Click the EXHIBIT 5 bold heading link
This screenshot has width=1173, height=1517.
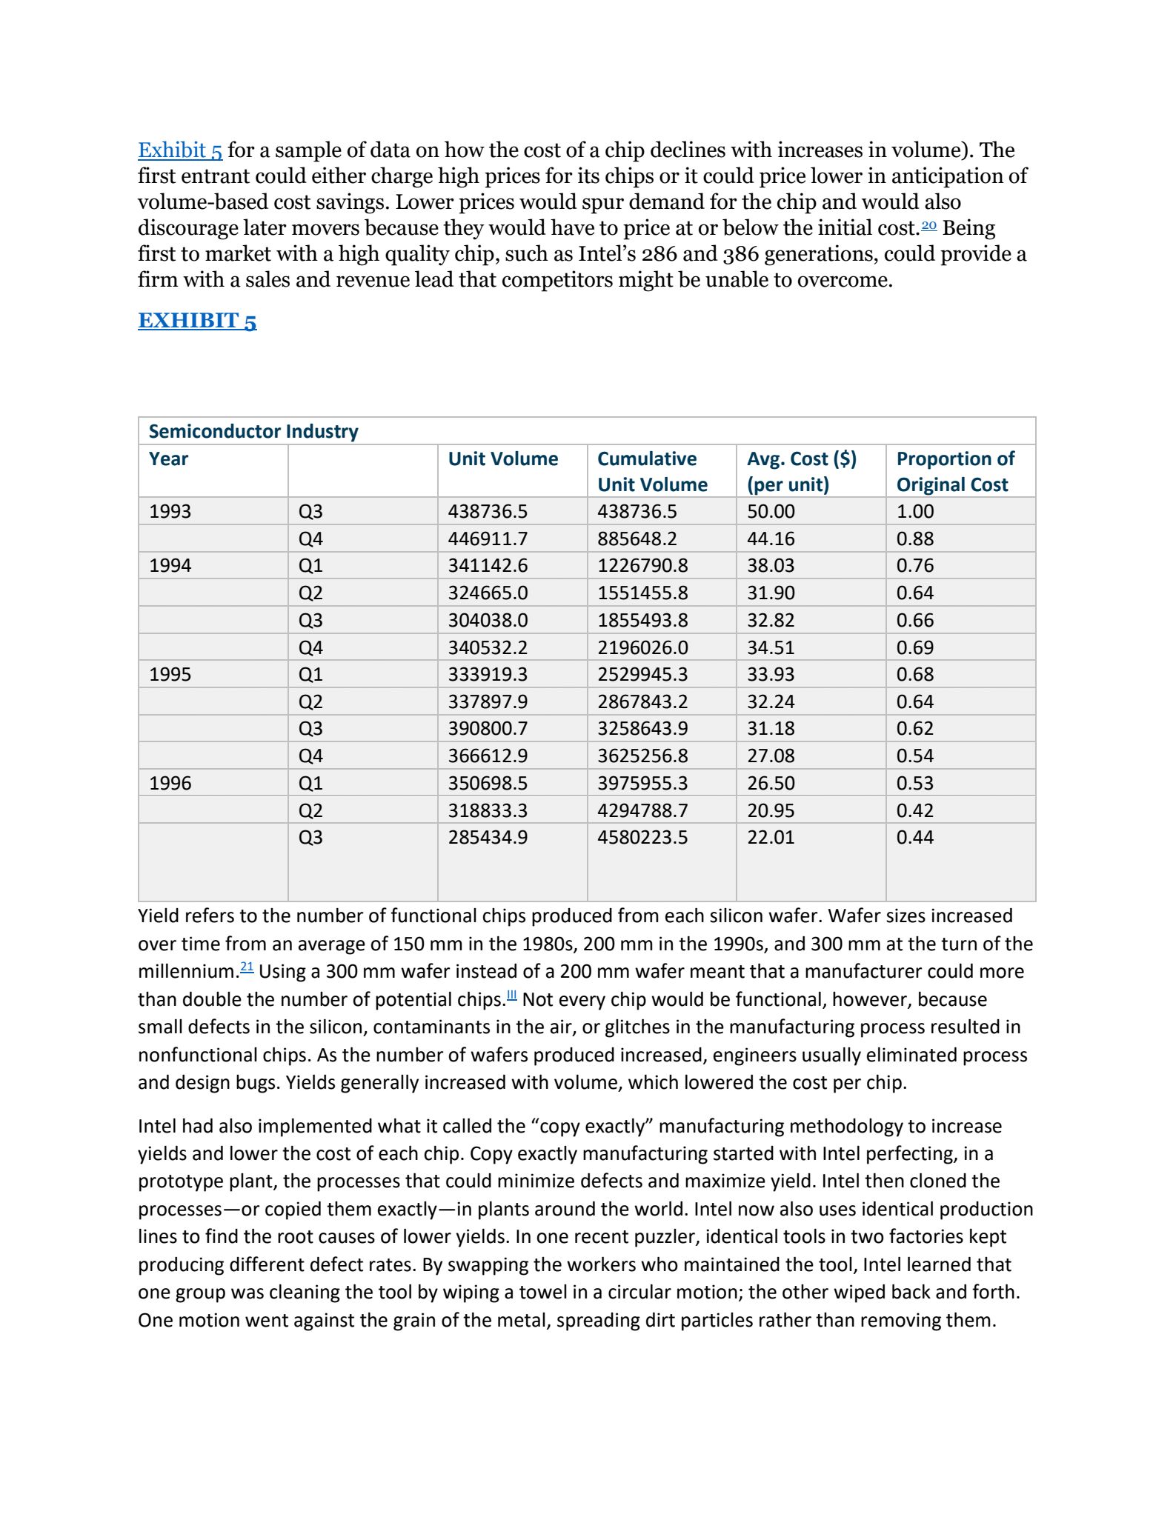click(197, 321)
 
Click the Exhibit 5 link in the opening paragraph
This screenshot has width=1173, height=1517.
click(180, 150)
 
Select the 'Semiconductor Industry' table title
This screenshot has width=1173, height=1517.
click(253, 431)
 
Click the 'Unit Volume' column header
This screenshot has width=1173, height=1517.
click(502, 459)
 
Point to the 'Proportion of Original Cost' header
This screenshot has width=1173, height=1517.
click(954, 471)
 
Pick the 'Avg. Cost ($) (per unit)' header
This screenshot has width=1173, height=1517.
click(801, 471)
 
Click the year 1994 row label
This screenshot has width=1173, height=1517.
click(170, 566)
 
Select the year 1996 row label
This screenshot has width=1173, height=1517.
click(170, 783)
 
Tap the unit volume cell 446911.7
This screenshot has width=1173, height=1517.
click(488, 539)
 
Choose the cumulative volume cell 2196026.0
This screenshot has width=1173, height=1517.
click(642, 647)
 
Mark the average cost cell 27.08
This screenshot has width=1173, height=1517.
click(771, 756)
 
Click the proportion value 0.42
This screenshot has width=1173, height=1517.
click(915, 810)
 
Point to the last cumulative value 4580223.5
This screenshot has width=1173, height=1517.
click(642, 838)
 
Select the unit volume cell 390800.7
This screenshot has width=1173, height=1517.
click(488, 729)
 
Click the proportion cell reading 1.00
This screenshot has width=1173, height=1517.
click(915, 512)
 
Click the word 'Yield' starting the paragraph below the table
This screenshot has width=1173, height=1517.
click(158, 916)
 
